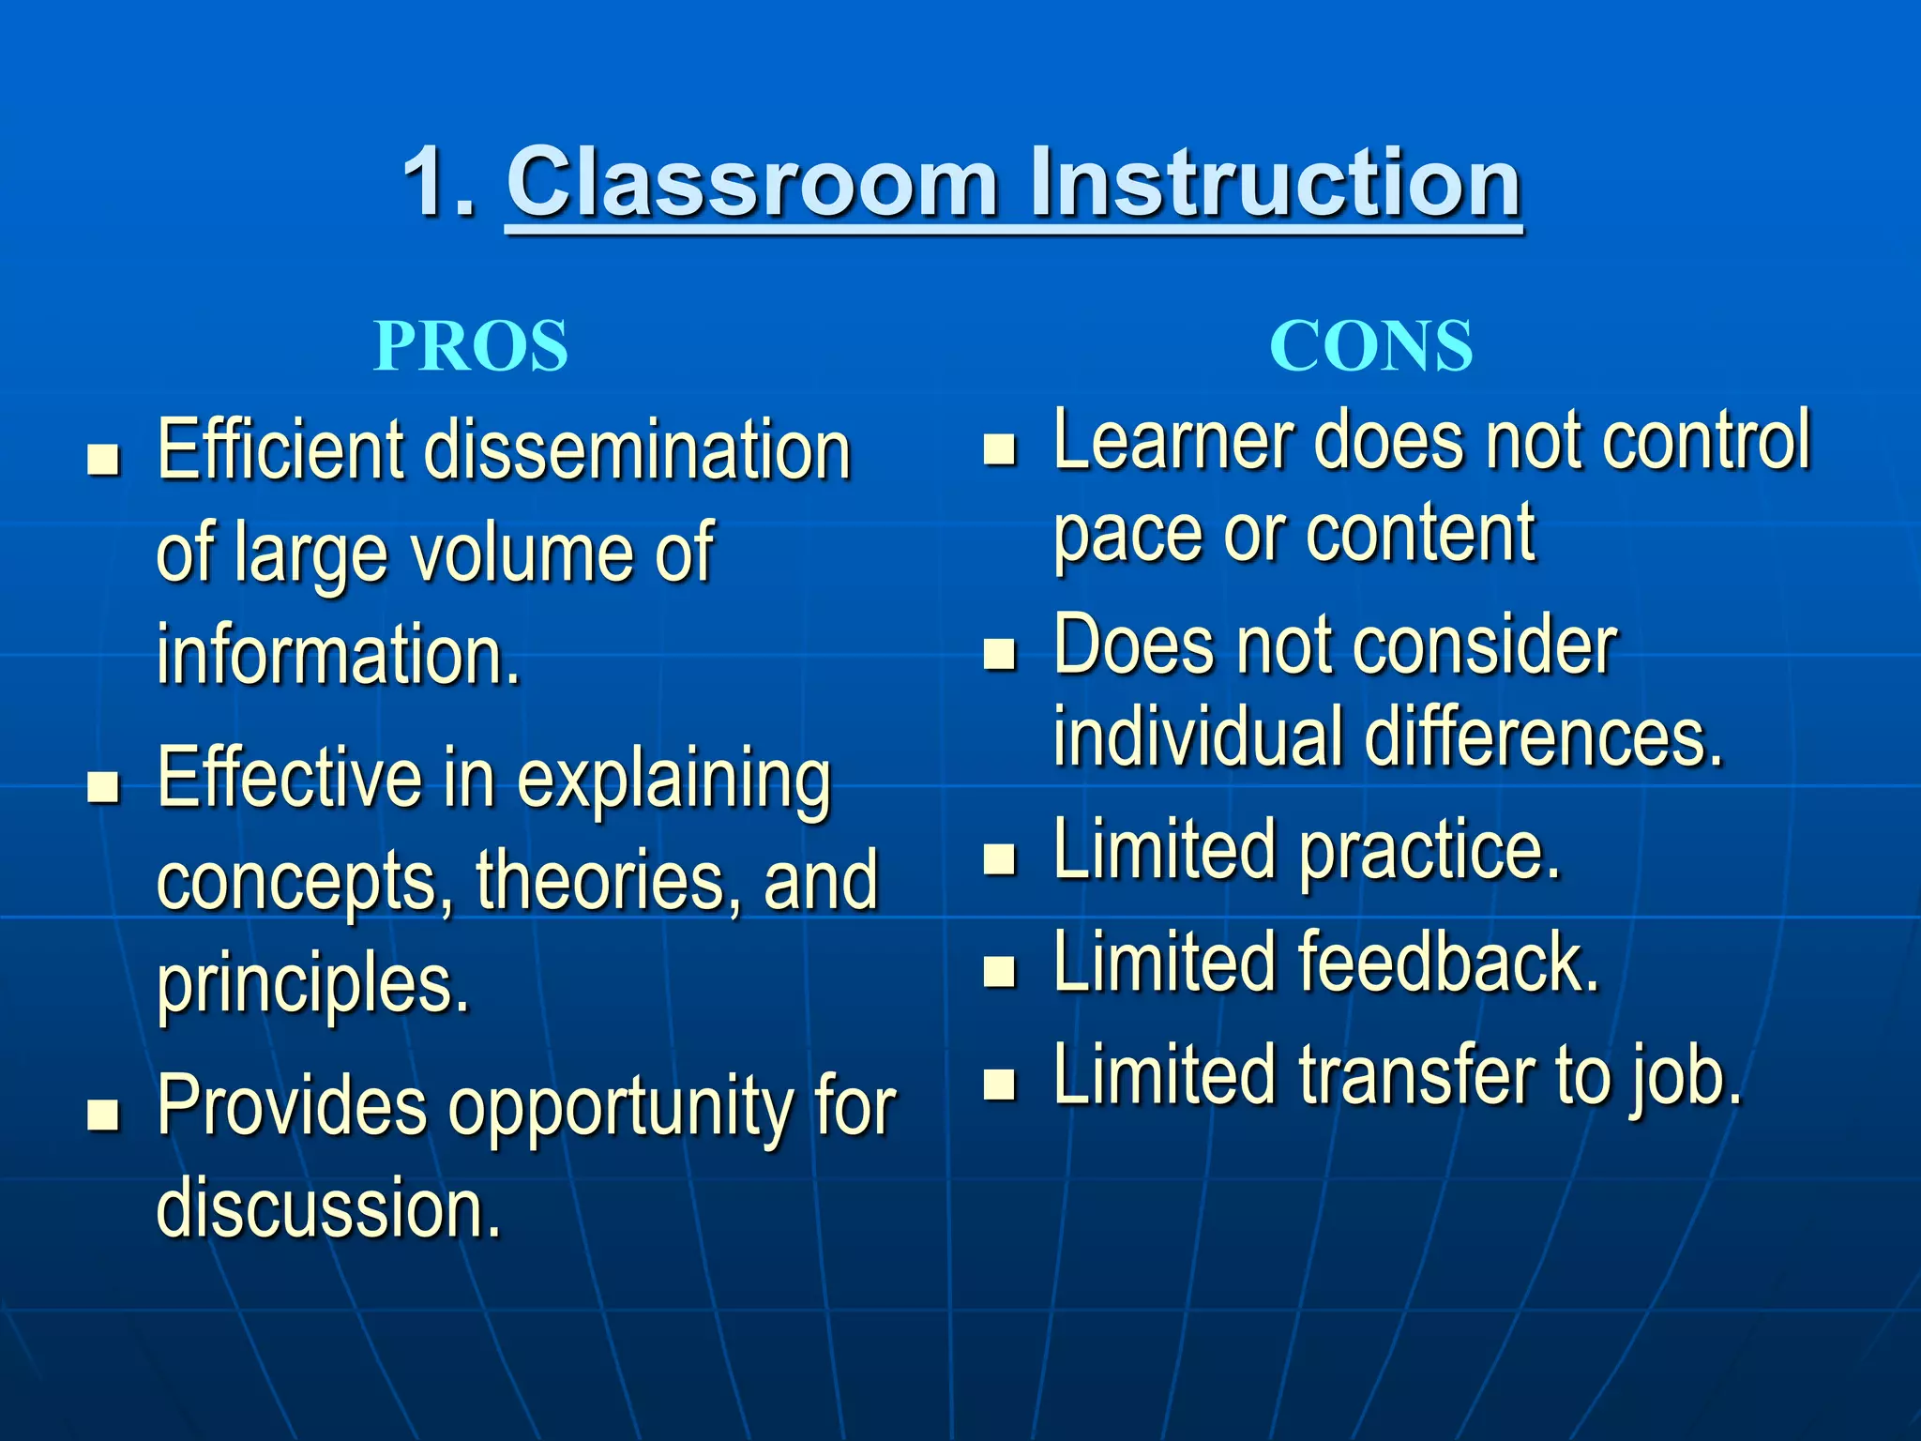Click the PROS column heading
click(x=471, y=346)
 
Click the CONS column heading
click(x=1370, y=346)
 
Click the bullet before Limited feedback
click(x=1000, y=971)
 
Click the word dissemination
click(x=637, y=450)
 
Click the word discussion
click(x=328, y=1207)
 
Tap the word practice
click(x=1429, y=850)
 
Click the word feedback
click(x=1448, y=963)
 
